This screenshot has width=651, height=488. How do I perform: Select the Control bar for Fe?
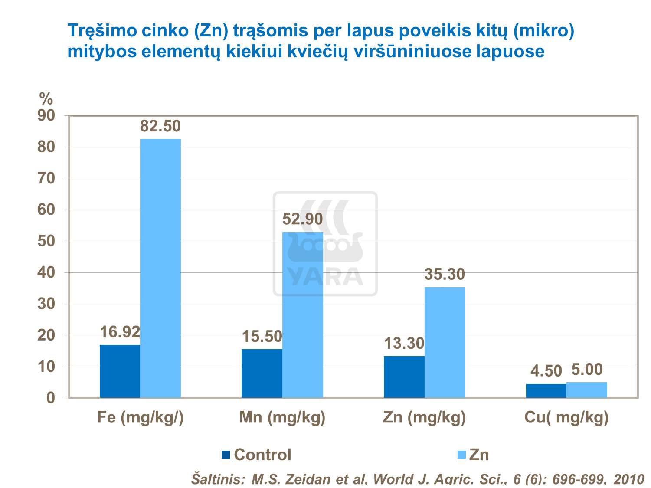click(x=120, y=371)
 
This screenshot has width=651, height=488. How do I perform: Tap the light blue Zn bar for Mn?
click(x=302, y=315)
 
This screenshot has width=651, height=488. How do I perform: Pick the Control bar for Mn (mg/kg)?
click(x=262, y=373)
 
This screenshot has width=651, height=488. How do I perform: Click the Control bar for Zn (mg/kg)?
click(x=404, y=377)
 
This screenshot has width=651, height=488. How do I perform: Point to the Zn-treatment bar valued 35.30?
click(x=445, y=342)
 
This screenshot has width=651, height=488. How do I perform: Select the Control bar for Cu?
click(x=546, y=391)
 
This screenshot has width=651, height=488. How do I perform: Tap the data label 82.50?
click(x=160, y=126)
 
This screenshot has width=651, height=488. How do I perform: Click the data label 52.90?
click(x=303, y=219)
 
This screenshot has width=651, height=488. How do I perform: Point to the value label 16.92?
click(x=120, y=332)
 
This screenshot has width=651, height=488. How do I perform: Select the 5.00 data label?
click(x=587, y=370)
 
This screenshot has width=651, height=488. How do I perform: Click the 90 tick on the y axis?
click(x=46, y=116)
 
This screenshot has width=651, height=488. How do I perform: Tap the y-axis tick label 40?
click(x=46, y=273)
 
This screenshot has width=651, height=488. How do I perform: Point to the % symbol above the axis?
click(x=46, y=99)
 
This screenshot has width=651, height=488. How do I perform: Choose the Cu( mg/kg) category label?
click(x=566, y=417)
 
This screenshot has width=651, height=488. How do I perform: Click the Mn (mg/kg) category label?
click(x=282, y=417)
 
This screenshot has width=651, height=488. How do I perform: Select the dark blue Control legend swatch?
click(x=226, y=455)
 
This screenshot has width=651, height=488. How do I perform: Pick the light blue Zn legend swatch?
click(x=462, y=455)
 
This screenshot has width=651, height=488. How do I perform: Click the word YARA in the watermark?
click(x=325, y=277)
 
